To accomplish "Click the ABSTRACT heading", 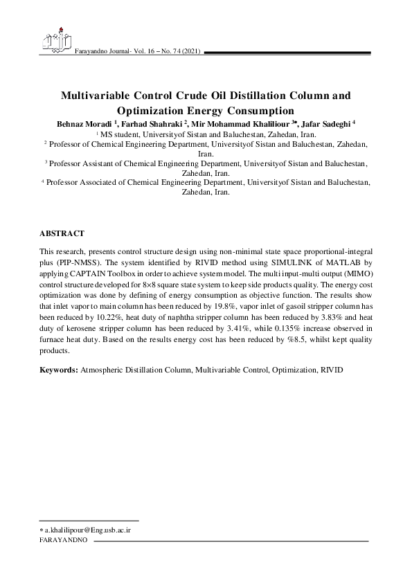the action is click(62, 234).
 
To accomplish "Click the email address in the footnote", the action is click(88, 530).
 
